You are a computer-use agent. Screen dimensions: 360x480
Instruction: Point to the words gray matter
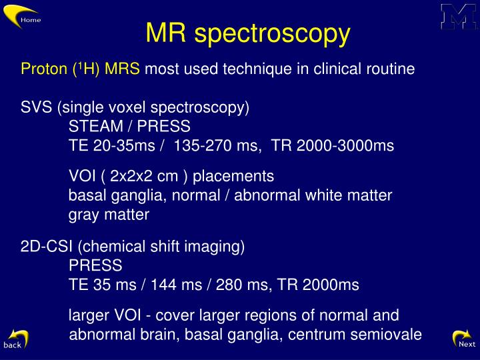pyautogui.click(x=109, y=215)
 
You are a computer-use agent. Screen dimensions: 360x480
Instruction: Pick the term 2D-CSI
pyautogui.click(x=47, y=247)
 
